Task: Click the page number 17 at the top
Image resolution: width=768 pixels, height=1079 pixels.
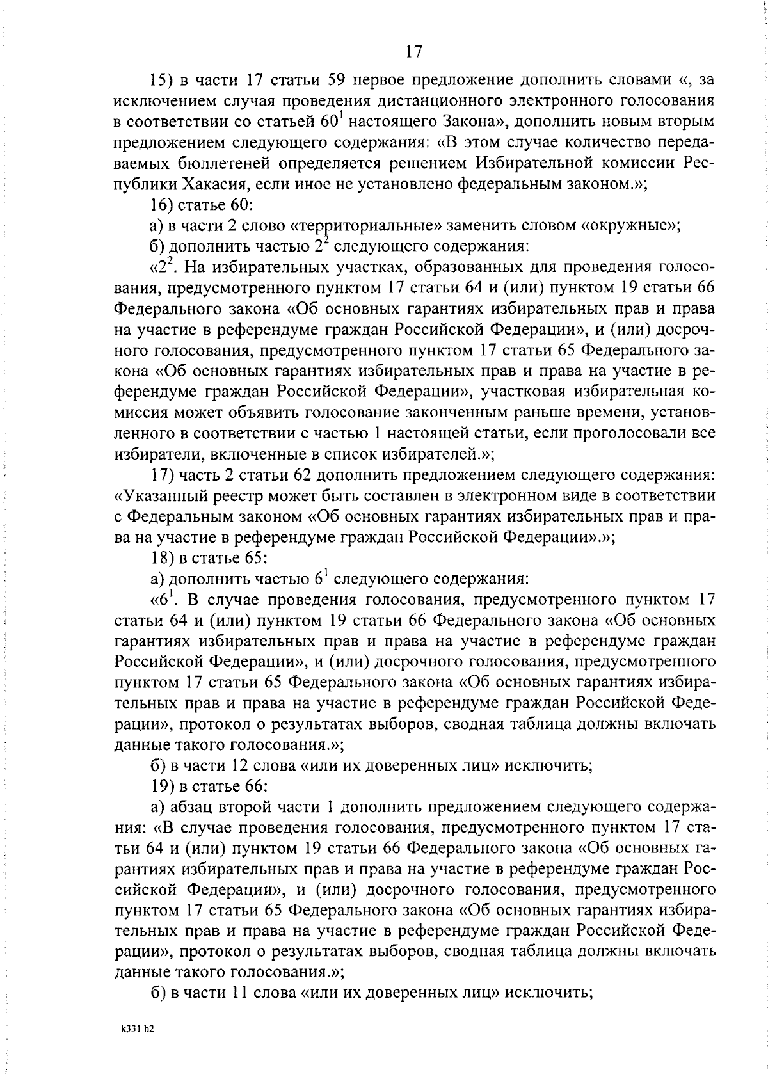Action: pyautogui.click(x=413, y=52)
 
